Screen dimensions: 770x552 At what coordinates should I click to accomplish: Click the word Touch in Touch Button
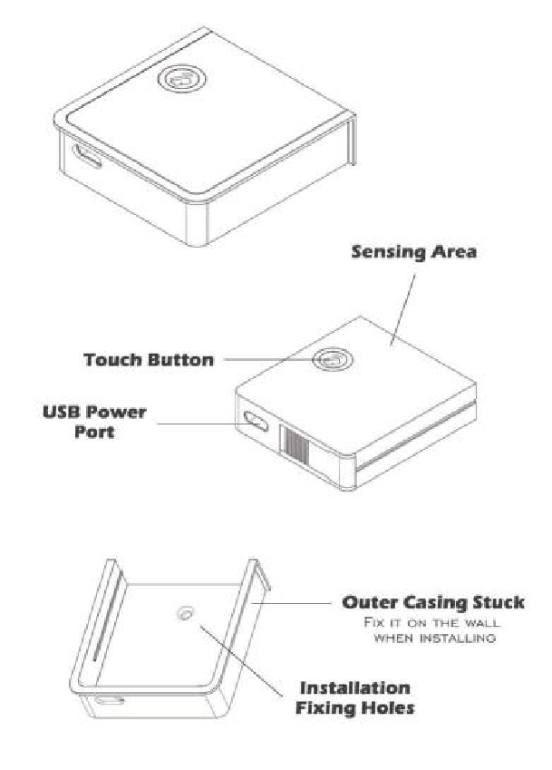point(114,360)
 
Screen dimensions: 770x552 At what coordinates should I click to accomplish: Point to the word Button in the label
point(180,360)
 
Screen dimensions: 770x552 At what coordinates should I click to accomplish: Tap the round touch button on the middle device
point(331,360)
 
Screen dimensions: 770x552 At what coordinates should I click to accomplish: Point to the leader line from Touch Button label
point(267,360)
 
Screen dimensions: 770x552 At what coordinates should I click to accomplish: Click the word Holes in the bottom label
point(385,707)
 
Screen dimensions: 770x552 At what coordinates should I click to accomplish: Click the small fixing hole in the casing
point(186,614)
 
